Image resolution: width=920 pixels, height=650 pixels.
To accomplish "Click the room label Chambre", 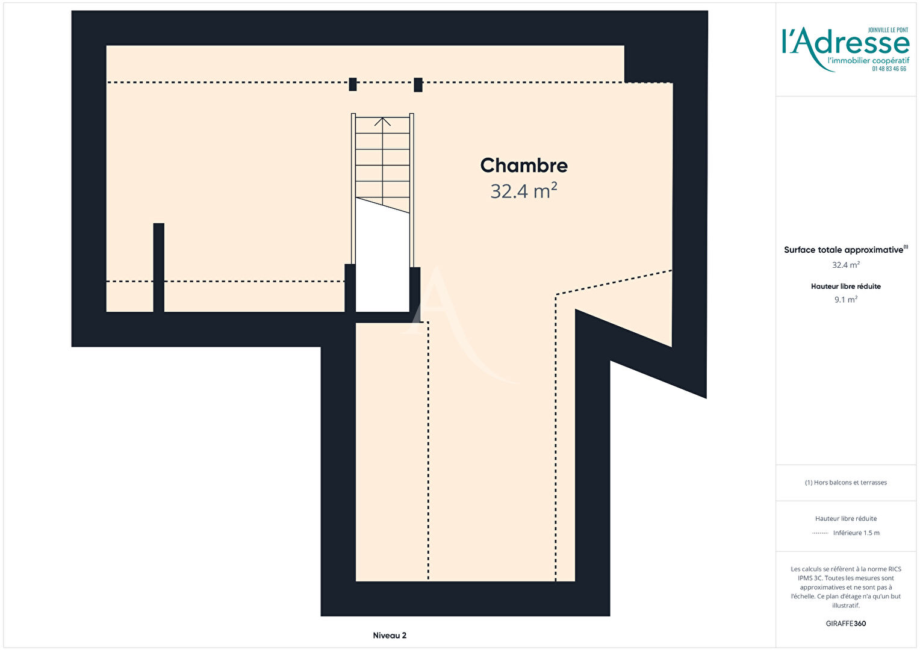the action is click(x=524, y=166).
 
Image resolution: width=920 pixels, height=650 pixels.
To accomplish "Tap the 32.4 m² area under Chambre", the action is click(x=524, y=191).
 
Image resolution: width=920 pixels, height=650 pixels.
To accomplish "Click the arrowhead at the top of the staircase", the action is click(x=382, y=122).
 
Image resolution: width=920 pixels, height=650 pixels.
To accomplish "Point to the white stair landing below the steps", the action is click(x=382, y=259).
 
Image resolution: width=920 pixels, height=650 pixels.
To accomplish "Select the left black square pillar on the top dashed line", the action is click(x=352, y=84).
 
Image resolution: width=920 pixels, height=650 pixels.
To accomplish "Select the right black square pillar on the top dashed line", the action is click(x=418, y=85).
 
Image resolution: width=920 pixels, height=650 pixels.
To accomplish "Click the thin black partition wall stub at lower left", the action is click(x=158, y=267).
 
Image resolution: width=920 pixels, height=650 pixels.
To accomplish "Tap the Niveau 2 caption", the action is click(x=390, y=635).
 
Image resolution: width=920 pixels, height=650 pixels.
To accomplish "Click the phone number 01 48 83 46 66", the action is click(x=889, y=69).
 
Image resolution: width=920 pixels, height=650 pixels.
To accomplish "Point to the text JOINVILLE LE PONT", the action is click(x=888, y=30).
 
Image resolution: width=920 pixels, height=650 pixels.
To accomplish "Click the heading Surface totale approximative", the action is click(x=844, y=250).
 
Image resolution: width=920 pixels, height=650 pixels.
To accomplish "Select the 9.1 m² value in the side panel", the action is click(x=846, y=299).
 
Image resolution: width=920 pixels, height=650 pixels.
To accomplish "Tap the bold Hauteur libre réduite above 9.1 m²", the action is click(x=846, y=286).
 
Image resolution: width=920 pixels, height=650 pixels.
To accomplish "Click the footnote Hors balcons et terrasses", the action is click(x=846, y=483).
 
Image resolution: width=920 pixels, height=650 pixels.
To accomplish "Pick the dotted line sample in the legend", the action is click(x=820, y=533).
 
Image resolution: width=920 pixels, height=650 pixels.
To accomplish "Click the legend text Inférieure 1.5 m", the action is click(x=856, y=533).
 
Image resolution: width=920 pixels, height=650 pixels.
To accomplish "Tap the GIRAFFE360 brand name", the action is click(x=846, y=624).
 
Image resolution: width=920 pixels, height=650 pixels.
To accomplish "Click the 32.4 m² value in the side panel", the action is click(x=846, y=265).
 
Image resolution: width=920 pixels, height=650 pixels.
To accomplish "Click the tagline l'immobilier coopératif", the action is click(x=868, y=61).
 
